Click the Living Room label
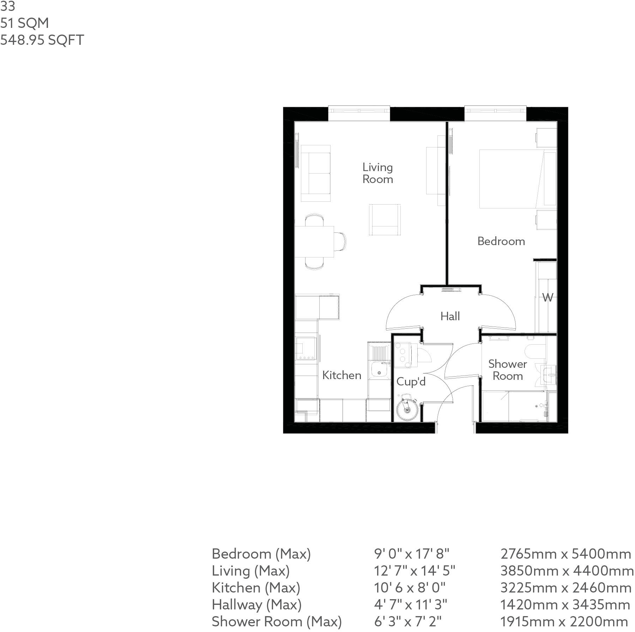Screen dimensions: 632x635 point(377,173)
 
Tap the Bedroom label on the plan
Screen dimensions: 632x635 point(501,241)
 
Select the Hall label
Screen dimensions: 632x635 point(450,316)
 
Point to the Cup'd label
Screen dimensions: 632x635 point(411,382)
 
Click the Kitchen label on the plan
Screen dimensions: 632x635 point(341,375)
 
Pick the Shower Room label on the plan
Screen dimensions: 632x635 point(507,370)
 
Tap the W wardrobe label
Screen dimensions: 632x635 point(548,298)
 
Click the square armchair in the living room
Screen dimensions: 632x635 point(385,219)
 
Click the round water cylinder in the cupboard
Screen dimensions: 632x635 point(407,409)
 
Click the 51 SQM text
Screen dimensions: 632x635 point(24,23)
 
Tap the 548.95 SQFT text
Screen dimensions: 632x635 point(42,40)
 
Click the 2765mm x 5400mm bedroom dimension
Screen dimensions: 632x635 point(566,554)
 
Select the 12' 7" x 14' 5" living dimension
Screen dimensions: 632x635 point(415,571)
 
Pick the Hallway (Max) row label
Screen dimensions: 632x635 point(256,605)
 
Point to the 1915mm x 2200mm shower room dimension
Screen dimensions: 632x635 point(564,622)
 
